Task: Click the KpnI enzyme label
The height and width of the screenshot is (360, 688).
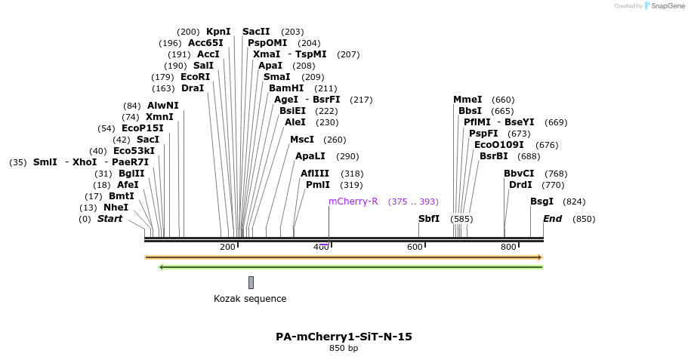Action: coord(218,32)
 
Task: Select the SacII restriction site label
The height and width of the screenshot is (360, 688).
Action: coord(256,32)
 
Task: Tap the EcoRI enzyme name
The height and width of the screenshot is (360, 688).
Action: coord(195,77)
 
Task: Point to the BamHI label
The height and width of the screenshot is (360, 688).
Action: coord(286,88)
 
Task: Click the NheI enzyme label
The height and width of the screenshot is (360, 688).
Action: coord(116,208)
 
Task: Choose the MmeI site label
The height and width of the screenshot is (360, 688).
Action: coord(467,100)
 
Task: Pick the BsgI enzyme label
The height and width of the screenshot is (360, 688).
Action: coord(541,202)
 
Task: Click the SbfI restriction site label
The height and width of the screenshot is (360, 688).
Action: coord(429,219)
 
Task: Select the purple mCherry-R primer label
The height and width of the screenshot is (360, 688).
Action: coord(353,202)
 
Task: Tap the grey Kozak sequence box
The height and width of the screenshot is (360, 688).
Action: coord(251,282)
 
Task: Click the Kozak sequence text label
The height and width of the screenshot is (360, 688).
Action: coord(250,299)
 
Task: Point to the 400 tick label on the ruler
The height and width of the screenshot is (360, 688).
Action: coord(321,248)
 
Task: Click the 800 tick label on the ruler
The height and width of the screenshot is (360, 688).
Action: coord(508,248)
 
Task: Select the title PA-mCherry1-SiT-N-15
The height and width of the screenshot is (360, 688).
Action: coord(344,337)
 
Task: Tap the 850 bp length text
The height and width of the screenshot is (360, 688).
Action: coord(344,349)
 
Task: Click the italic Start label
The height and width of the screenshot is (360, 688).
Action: coord(110,219)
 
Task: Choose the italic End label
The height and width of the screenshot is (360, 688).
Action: coord(552,219)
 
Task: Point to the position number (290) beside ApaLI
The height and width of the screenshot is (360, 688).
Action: coord(347,156)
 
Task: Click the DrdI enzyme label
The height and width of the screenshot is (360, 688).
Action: coord(520,185)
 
